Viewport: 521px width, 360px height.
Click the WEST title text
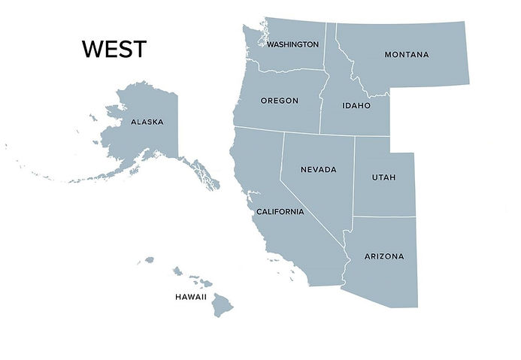pyautogui.click(x=114, y=50)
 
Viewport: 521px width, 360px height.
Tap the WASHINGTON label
pyautogui.click(x=292, y=44)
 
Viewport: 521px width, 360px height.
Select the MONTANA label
pyautogui.click(x=406, y=55)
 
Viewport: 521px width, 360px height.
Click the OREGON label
pyautogui.click(x=279, y=101)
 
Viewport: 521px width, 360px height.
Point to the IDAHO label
pyautogui.click(x=356, y=106)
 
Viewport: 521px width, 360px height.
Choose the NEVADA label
pyautogui.click(x=318, y=170)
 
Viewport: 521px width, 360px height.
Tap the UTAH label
pyautogui.click(x=383, y=177)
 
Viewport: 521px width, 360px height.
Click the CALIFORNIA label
pyautogui.click(x=280, y=212)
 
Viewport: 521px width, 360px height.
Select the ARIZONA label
pyautogui.click(x=383, y=256)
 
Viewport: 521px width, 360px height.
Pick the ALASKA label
pyautogui.click(x=147, y=122)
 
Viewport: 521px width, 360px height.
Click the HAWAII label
pyautogui.click(x=191, y=297)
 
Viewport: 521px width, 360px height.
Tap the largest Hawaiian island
pyautogui.click(x=222, y=305)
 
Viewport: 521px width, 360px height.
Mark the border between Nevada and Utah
pyautogui.click(x=354, y=173)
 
